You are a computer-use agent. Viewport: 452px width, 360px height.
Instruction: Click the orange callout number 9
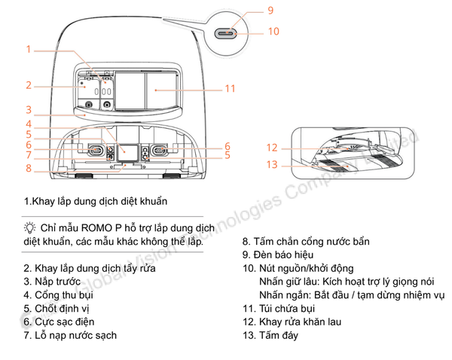click(x=270, y=11)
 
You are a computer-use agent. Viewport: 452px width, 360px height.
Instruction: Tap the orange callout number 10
click(x=273, y=32)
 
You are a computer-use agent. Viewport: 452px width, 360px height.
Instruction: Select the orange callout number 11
click(x=230, y=88)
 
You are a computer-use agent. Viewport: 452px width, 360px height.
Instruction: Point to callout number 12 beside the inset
click(x=272, y=148)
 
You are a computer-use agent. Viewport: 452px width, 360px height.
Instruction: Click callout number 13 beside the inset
click(x=272, y=165)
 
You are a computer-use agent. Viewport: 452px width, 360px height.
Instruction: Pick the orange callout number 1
click(x=29, y=49)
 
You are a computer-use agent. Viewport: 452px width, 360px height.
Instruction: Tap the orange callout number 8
click(x=29, y=168)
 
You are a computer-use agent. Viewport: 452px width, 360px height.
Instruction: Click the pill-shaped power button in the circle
click(x=226, y=34)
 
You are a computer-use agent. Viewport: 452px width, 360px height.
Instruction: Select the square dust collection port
click(x=127, y=152)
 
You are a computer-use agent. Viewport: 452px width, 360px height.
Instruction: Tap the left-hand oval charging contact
click(x=96, y=150)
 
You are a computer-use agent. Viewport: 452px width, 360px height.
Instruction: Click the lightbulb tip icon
click(x=29, y=227)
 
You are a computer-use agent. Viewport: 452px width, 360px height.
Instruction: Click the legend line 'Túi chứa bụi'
click(x=279, y=308)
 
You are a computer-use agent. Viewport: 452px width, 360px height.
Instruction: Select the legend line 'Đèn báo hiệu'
click(x=278, y=255)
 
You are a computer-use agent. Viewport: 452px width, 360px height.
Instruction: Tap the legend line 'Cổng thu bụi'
click(x=58, y=295)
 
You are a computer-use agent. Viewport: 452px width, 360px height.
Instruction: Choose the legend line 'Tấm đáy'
click(x=270, y=335)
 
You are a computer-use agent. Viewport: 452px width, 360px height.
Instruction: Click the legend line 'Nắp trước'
click(x=52, y=282)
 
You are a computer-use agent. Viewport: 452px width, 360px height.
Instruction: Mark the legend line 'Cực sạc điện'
click(x=59, y=322)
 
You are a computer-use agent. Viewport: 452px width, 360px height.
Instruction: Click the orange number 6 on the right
click(x=228, y=146)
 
